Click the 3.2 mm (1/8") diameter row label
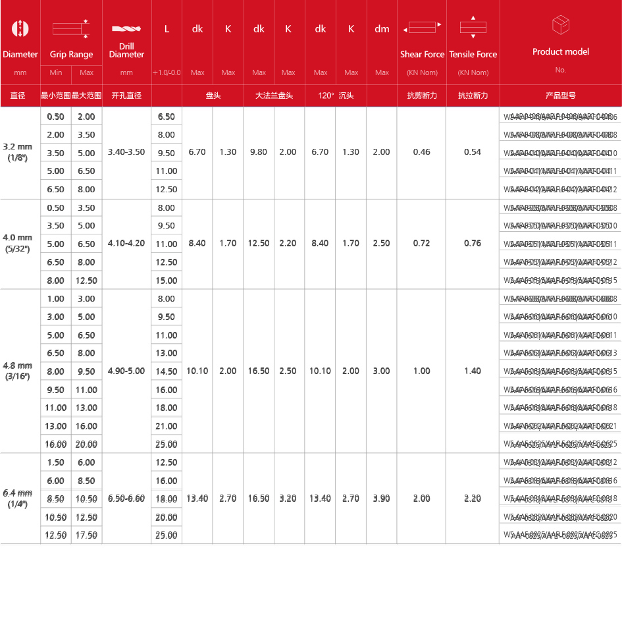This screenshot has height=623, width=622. click(x=18, y=152)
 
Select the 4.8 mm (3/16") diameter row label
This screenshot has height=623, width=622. click(x=18, y=371)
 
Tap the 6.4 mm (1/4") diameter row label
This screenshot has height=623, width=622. click(x=18, y=499)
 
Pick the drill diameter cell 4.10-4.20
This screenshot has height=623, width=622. click(x=127, y=244)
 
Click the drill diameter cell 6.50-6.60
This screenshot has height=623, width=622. click(x=127, y=499)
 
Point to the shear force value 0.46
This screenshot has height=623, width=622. click(x=421, y=152)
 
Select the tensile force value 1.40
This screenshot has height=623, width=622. click(x=473, y=371)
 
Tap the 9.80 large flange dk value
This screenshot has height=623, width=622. click(x=259, y=152)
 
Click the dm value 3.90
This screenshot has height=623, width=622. click(x=382, y=499)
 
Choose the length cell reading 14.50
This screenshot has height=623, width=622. click(x=167, y=371)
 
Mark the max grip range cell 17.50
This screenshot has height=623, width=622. click(x=86, y=535)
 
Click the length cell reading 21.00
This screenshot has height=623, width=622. click(x=167, y=426)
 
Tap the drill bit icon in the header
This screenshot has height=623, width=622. click(x=126, y=29)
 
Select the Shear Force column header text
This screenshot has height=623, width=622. click(x=422, y=55)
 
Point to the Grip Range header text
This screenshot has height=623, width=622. click(x=72, y=55)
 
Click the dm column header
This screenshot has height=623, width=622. click(x=382, y=29)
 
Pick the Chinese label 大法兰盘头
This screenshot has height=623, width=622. click(x=274, y=95)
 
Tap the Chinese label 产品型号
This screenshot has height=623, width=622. click(x=560, y=95)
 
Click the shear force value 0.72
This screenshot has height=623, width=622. click(x=421, y=244)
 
